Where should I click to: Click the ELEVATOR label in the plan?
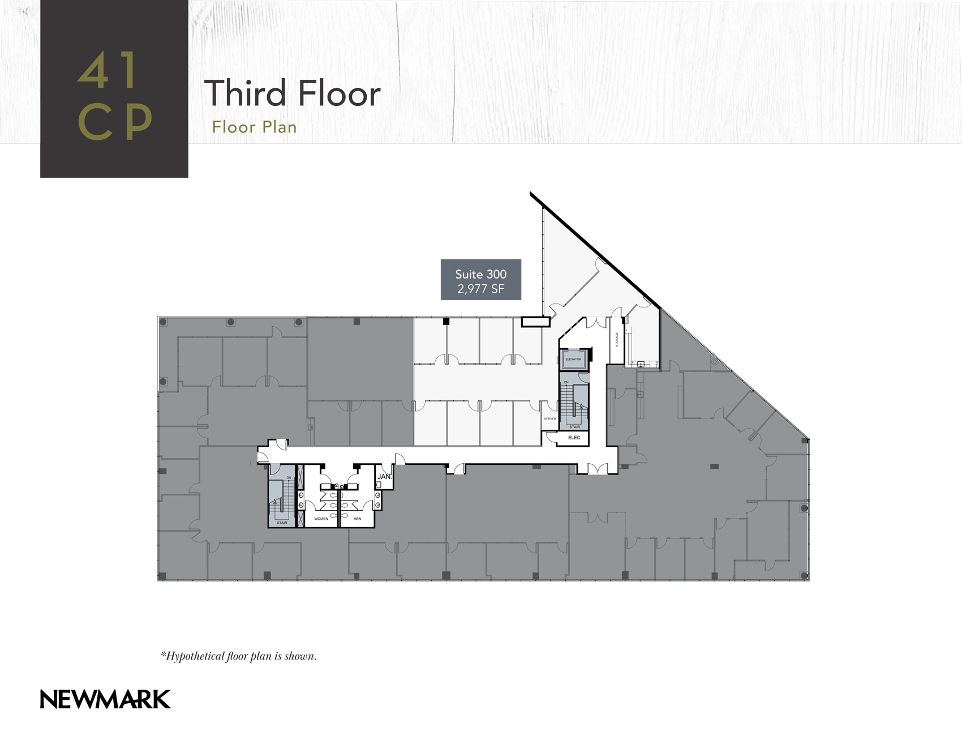click(573, 359)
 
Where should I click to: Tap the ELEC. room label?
click(574, 438)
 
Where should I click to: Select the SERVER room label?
click(549, 419)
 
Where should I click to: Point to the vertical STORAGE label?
click(617, 340)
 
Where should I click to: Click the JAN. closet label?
click(384, 477)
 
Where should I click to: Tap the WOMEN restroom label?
click(321, 519)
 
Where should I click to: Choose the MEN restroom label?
click(357, 519)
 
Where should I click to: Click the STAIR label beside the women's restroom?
click(282, 523)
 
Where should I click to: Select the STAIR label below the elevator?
click(574, 427)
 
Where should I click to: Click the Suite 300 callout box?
click(480, 280)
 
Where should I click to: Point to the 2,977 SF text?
click(480, 289)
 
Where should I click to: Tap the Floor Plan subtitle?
click(254, 127)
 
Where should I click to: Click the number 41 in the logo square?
click(108, 71)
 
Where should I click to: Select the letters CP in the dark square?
click(115, 122)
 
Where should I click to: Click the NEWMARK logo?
click(105, 699)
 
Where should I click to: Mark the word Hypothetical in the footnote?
click(195, 656)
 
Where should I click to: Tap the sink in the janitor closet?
click(378, 485)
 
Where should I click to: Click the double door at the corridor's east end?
click(597, 469)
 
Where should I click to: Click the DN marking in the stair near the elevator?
click(566, 382)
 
